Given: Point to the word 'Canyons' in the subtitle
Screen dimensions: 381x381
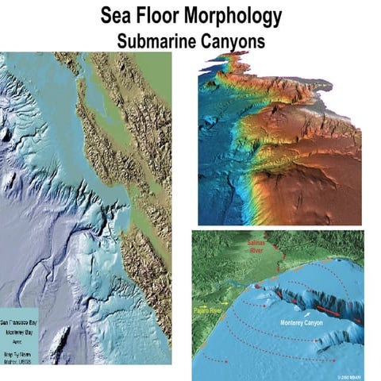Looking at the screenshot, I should pyautogui.click(x=235, y=40).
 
